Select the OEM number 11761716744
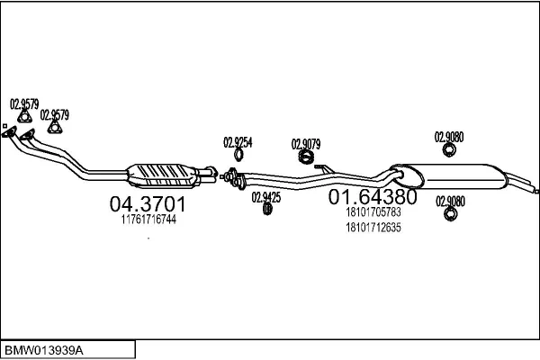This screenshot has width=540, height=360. [148, 219]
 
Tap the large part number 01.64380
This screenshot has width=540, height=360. [372, 197]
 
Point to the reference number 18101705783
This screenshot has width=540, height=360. [373, 213]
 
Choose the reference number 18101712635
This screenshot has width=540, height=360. [373, 228]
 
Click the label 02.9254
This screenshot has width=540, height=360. [238, 141]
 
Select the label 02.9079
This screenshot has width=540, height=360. [306, 143]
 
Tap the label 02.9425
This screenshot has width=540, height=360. [266, 196]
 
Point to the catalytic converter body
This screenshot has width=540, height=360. [167, 170]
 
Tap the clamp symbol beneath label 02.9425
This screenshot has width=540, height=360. [267, 209]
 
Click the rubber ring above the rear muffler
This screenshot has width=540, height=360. [449, 150]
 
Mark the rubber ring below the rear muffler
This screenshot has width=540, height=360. [449, 215]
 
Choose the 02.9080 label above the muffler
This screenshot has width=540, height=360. [449, 137]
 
